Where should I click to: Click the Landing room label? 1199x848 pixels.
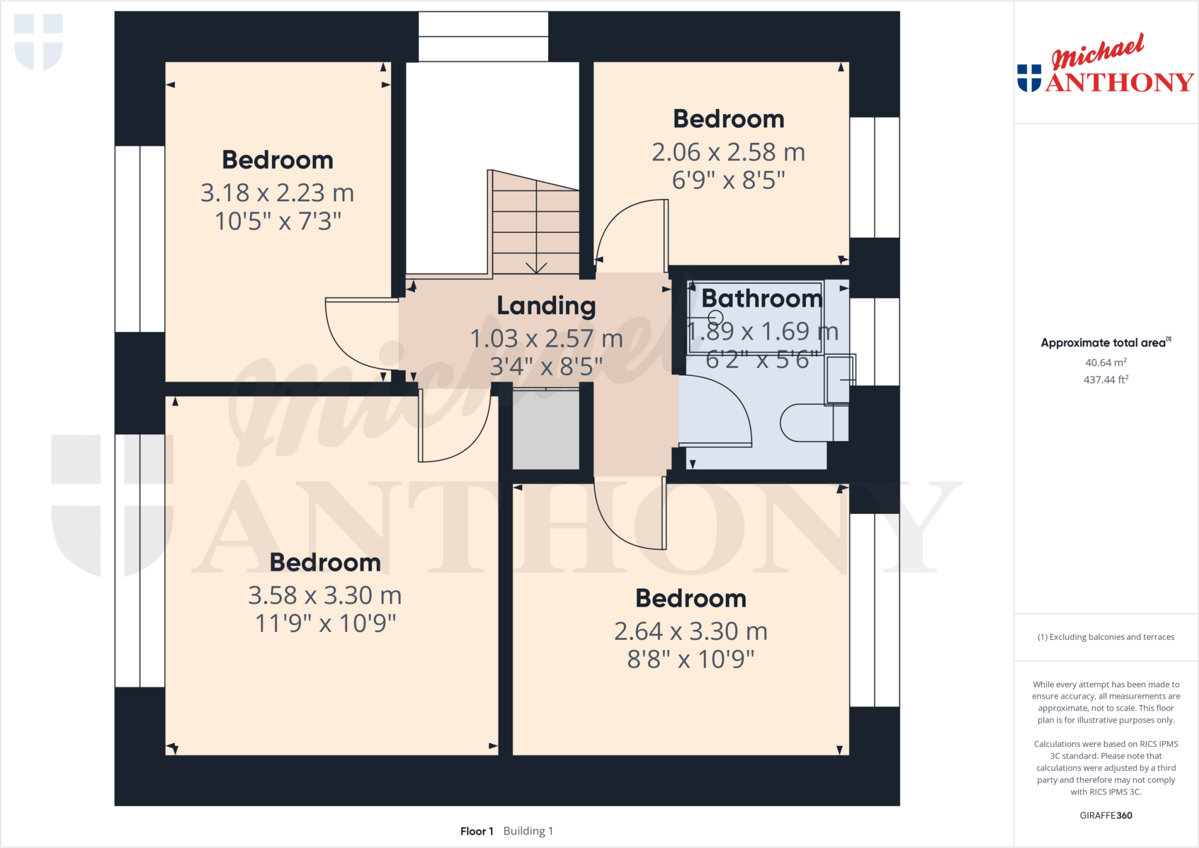coord(546,306)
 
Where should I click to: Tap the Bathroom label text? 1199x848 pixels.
coord(762,298)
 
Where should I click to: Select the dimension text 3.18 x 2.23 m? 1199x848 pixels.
coord(278,193)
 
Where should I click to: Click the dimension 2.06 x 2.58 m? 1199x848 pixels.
coord(728,152)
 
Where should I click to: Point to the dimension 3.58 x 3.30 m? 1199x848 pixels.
coord(325,596)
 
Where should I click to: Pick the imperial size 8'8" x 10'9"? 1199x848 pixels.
coord(691,660)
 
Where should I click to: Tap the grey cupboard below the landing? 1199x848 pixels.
coord(546,429)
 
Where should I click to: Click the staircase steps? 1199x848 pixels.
coord(536,228)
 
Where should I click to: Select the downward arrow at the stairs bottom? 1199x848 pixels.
coord(536,267)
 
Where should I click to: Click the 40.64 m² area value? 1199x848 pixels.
coord(1105,363)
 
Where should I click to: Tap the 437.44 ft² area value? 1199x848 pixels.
coord(1105,380)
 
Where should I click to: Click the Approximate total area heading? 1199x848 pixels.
coord(1104,343)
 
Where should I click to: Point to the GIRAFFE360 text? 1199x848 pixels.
coord(1105,815)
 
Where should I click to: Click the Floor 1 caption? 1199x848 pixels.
coord(477,831)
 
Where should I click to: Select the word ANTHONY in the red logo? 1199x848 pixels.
coord(1119,83)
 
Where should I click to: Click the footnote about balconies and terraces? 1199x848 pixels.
coord(1105,637)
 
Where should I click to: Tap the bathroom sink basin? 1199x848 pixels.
coord(838,380)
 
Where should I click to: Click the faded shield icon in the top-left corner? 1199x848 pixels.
coord(39,41)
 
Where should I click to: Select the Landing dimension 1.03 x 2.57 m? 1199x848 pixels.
coord(546,339)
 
